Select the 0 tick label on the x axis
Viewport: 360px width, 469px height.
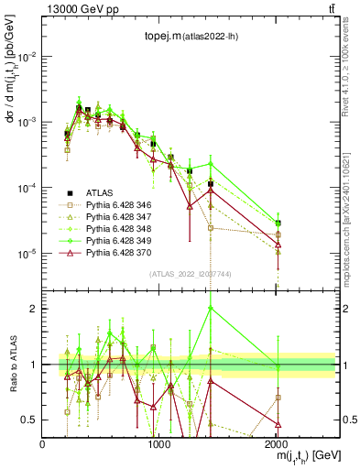click(x=43, y=444)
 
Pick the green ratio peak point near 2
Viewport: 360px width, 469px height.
click(x=211, y=309)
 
